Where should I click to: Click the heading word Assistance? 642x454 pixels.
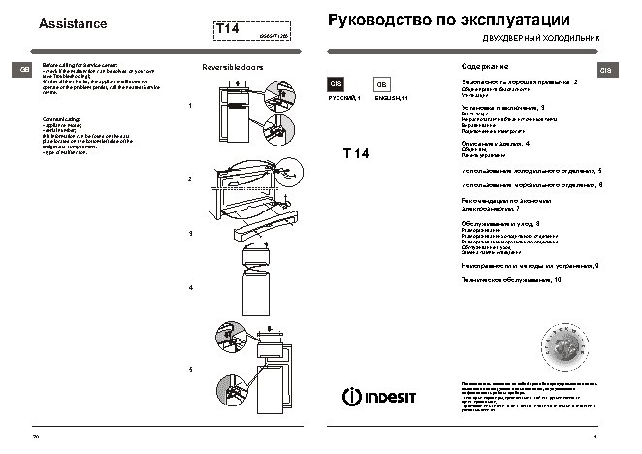(x=71, y=24)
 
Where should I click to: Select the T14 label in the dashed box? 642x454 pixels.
(x=228, y=30)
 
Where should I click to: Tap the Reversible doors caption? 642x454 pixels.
(x=231, y=68)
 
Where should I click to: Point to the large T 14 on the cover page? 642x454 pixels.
(x=360, y=155)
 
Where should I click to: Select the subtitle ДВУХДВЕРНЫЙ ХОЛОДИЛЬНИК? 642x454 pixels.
(x=548, y=40)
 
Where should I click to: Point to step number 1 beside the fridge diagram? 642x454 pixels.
(x=190, y=105)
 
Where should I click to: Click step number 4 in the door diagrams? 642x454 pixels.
(x=190, y=289)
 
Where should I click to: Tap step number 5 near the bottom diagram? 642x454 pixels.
(x=190, y=371)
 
